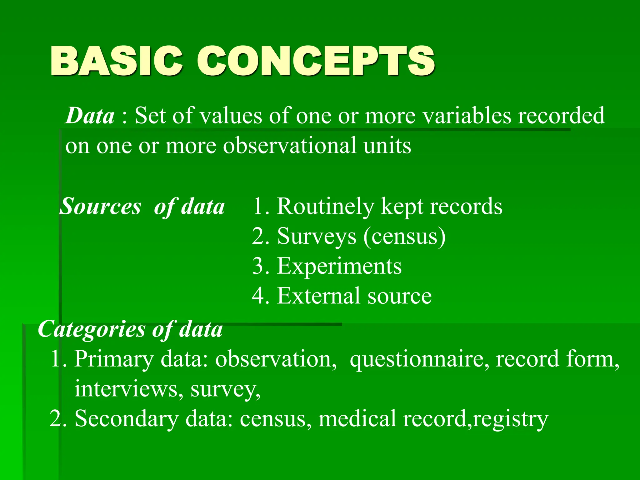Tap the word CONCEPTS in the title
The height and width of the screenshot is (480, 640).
click(316, 61)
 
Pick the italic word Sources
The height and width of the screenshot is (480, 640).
click(100, 207)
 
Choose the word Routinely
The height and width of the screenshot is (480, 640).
click(325, 207)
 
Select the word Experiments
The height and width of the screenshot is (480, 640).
click(339, 267)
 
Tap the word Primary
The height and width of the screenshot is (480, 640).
click(114, 359)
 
